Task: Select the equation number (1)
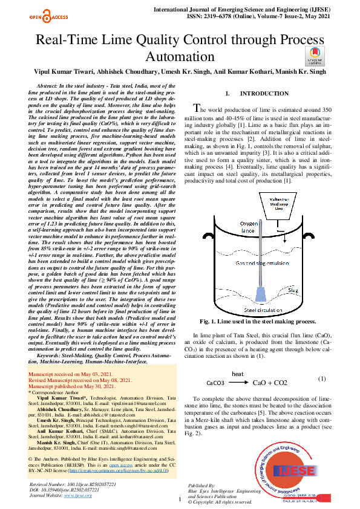pos(321,378)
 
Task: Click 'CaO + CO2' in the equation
pos(270,383)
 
